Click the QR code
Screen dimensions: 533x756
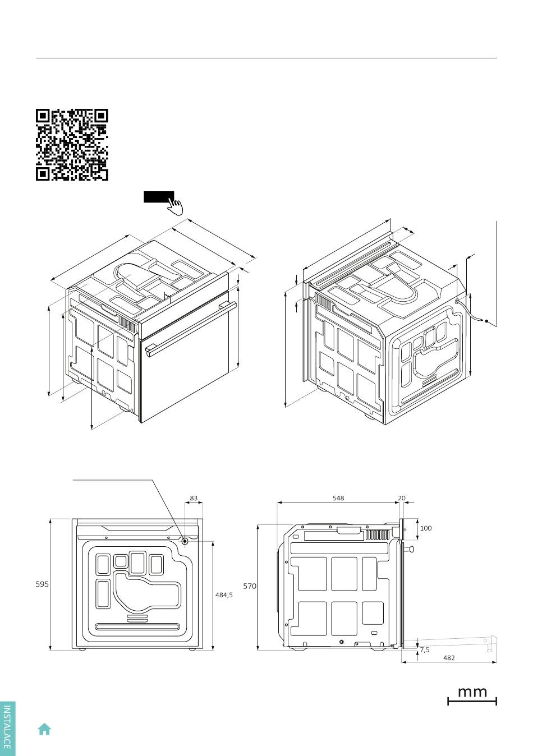click(x=72, y=145)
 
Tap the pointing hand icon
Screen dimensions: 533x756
click(x=175, y=206)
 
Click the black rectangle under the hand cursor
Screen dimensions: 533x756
click(x=159, y=197)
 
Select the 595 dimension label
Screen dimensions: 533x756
click(x=42, y=584)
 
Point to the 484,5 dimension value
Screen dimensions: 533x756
click(x=224, y=594)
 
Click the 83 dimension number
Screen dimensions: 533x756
click(x=194, y=498)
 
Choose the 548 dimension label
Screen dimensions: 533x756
click(x=338, y=498)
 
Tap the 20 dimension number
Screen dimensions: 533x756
click(x=401, y=498)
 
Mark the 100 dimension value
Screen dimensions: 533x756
click(x=426, y=528)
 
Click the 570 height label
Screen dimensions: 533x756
click(x=250, y=586)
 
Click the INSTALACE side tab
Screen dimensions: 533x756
click(x=7, y=729)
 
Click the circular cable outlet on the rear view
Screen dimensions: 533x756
click(x=185, y=541)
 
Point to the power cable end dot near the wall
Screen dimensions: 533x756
click(x=486, y=321)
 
